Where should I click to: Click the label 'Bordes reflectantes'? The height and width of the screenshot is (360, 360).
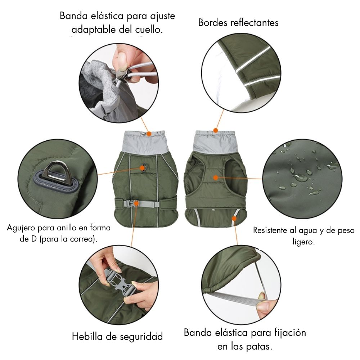238,23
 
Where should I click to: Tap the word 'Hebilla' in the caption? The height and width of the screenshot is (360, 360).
87,336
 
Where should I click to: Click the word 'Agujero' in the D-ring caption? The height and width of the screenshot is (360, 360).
21,228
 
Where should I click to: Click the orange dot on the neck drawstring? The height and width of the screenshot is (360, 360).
149,134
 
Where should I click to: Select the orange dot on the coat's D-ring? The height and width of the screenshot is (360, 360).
142,168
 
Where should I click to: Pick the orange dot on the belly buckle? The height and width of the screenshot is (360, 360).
136,203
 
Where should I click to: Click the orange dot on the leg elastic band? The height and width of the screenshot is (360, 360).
234,219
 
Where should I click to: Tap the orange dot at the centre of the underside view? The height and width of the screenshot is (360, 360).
215,177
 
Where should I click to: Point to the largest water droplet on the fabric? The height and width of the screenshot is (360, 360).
300,178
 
